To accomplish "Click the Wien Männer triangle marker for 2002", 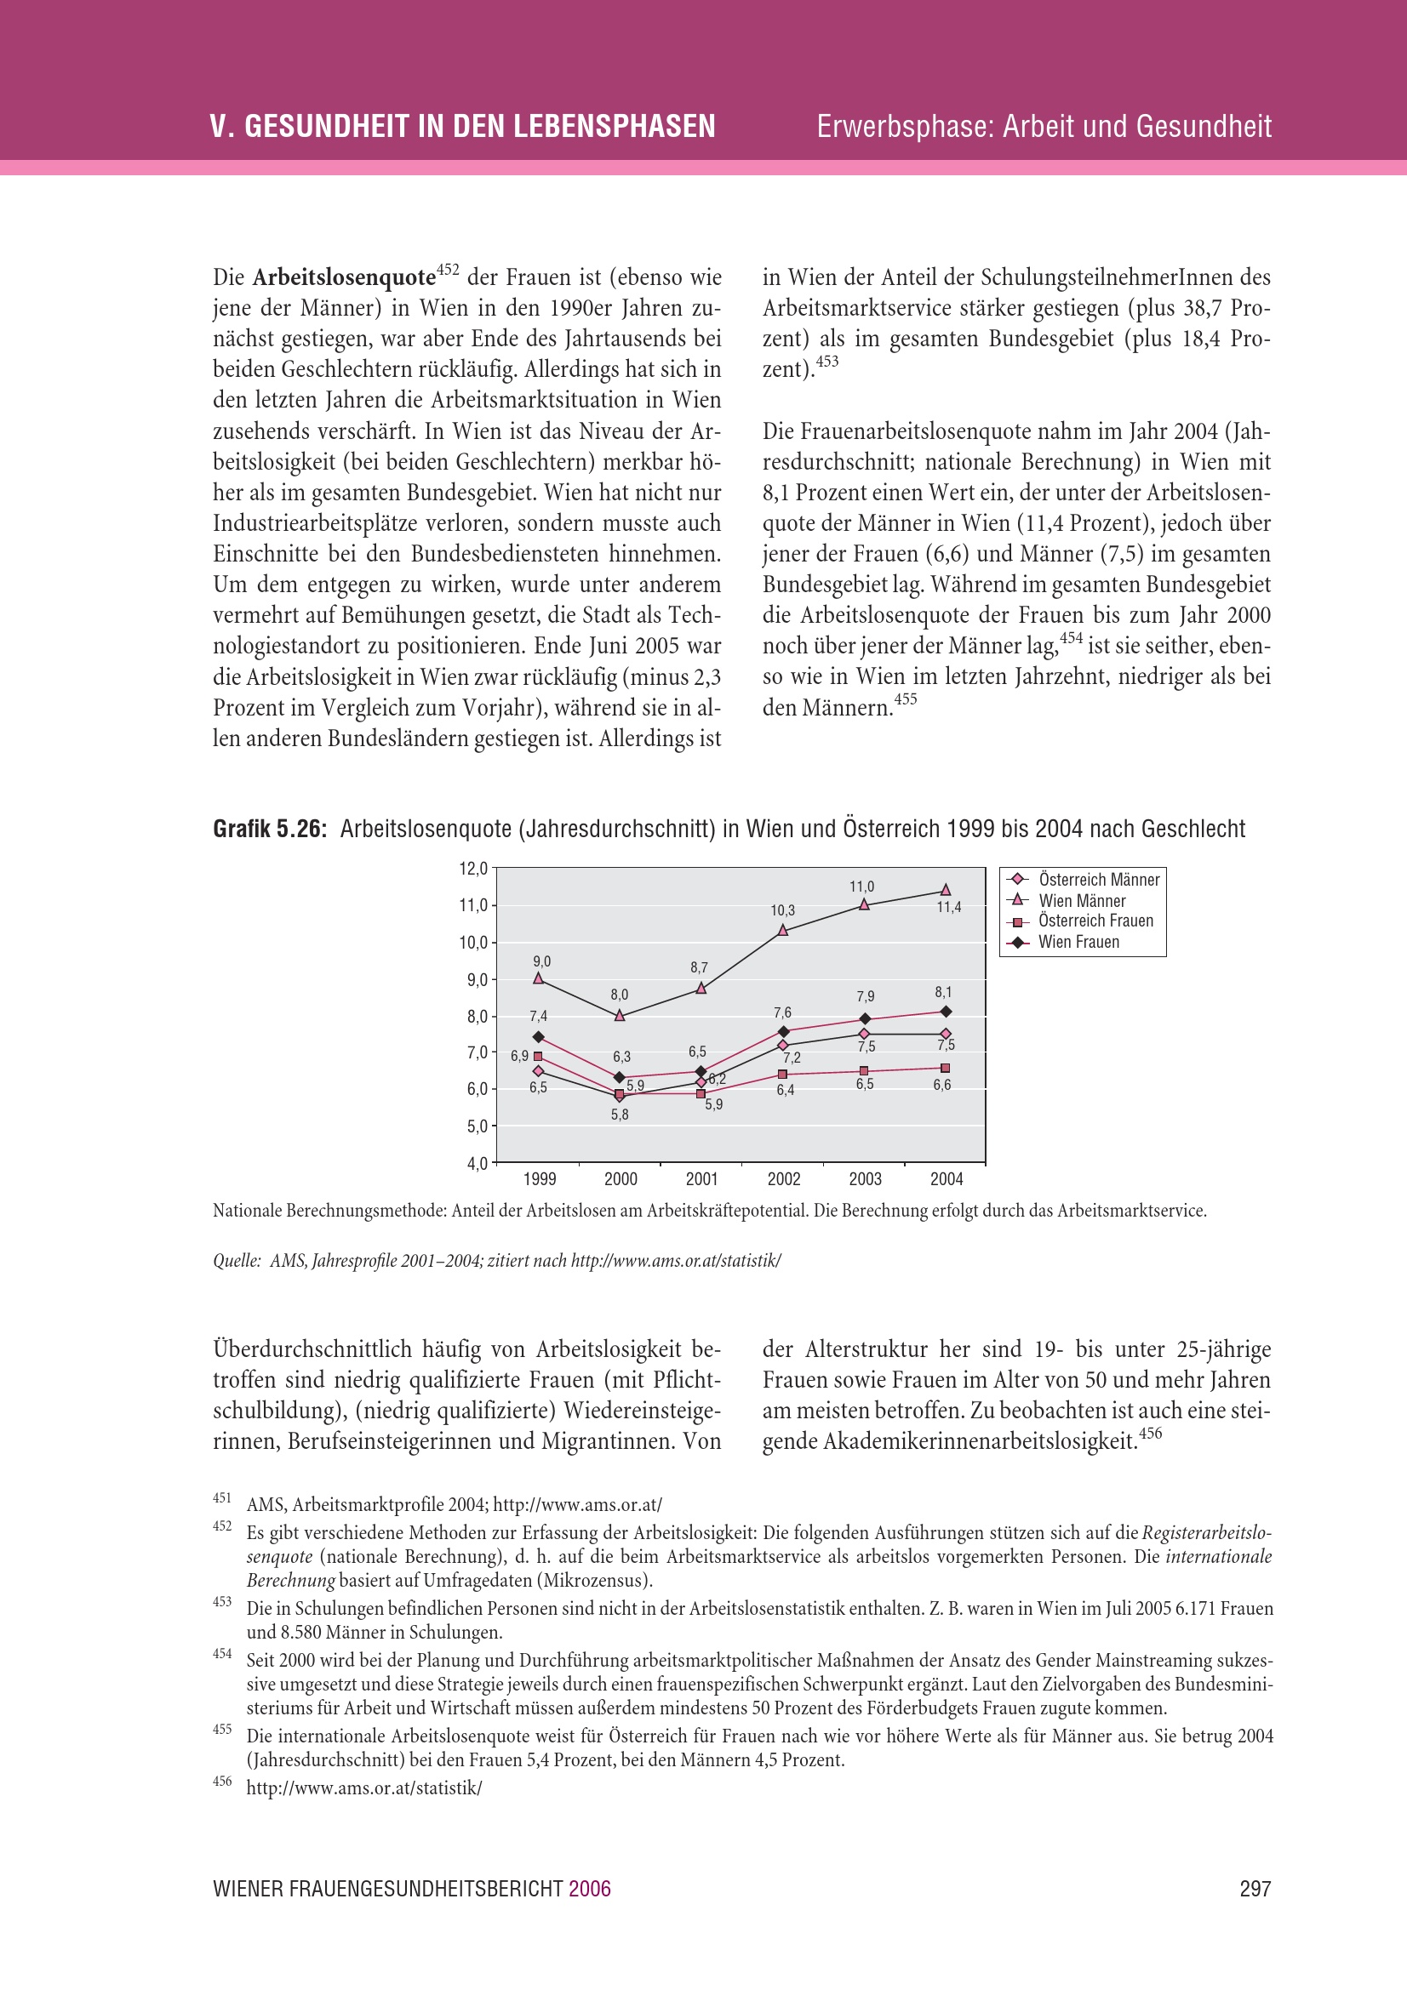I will coord(783,930).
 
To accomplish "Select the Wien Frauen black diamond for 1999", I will coord(538,1036).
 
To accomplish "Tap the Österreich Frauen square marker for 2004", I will coord(946,1068).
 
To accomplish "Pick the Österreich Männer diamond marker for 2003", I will coord(864,1034).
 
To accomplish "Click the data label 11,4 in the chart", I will coord(948,908).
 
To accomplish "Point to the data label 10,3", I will coord(783,910).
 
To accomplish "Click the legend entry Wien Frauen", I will coord(1078,942).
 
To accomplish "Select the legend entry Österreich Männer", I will coord(1098,880).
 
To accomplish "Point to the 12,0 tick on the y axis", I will coord(472,869).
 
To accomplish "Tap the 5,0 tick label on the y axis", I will coord(477,1126).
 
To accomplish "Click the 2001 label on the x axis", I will coord(701,1178).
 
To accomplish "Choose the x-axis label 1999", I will coord(539,1178).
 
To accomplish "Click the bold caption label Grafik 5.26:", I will coord(270,830).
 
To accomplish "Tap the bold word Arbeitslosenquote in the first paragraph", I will coord(344,277).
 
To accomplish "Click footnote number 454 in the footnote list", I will coord(222,1654).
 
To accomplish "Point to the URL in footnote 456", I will coord(364,1788).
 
